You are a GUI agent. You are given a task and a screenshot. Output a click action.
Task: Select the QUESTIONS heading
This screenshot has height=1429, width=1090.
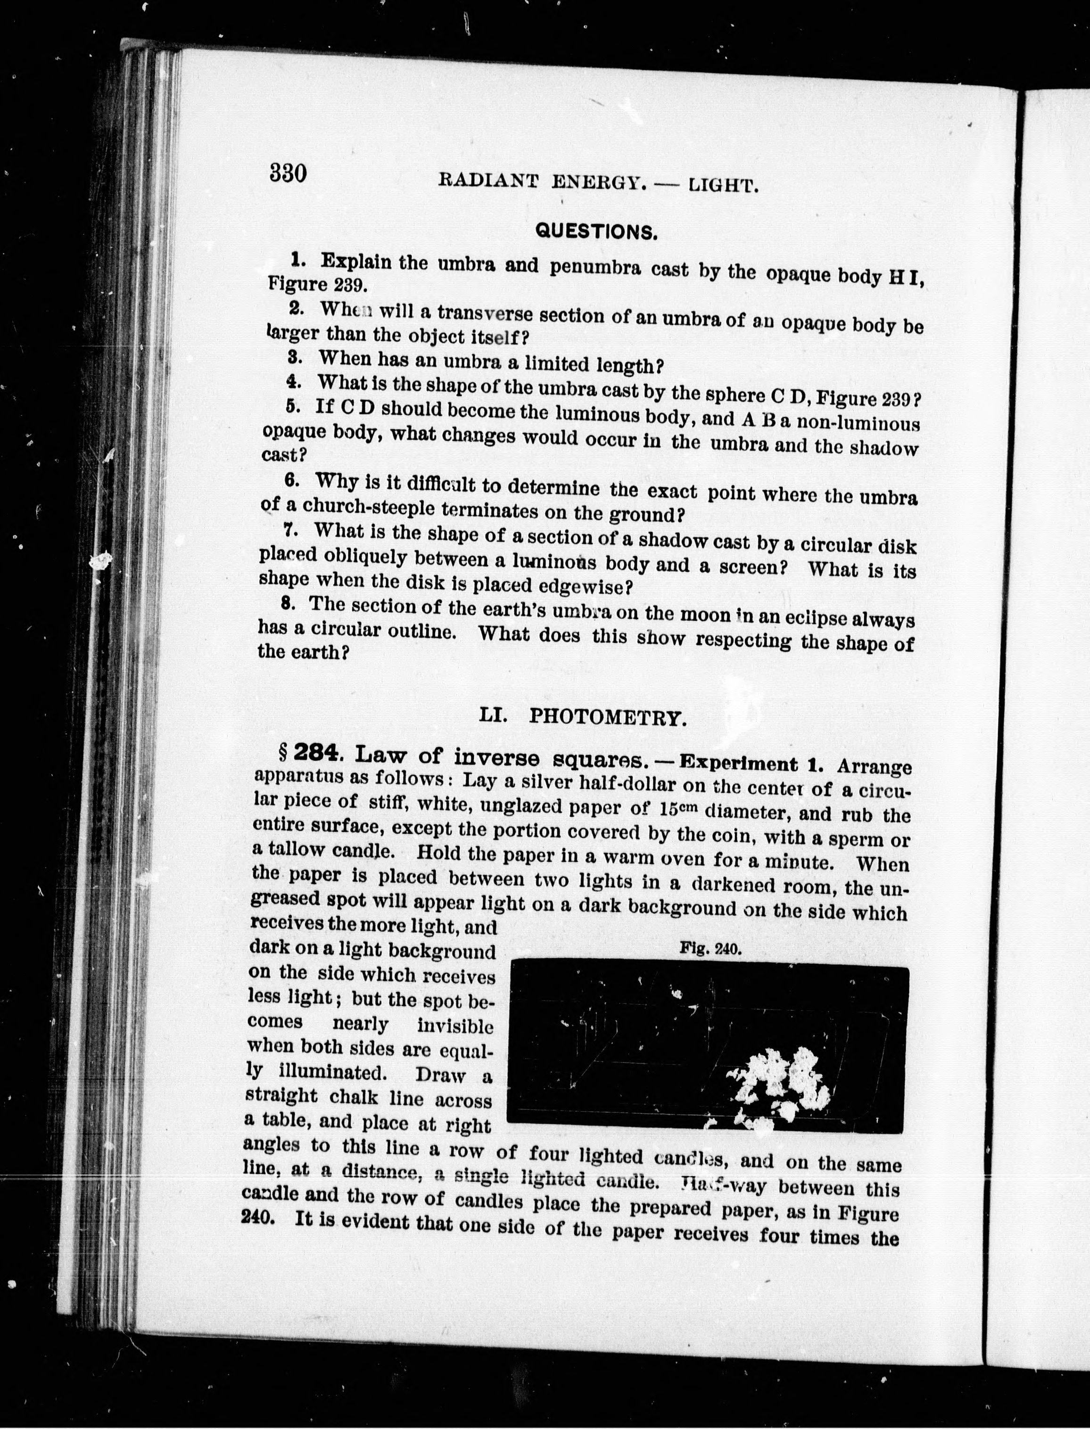[x=595, y=231]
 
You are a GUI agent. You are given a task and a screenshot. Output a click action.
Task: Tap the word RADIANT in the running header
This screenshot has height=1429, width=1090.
[x=488, y=181]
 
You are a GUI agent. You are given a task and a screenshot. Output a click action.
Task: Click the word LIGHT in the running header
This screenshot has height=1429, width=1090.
[x=723, y=187]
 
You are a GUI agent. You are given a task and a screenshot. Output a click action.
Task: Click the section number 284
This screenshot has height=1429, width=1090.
[x=315, y=753]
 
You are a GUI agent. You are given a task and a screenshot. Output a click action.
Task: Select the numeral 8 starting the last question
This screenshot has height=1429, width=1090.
[x=288, y=603]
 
